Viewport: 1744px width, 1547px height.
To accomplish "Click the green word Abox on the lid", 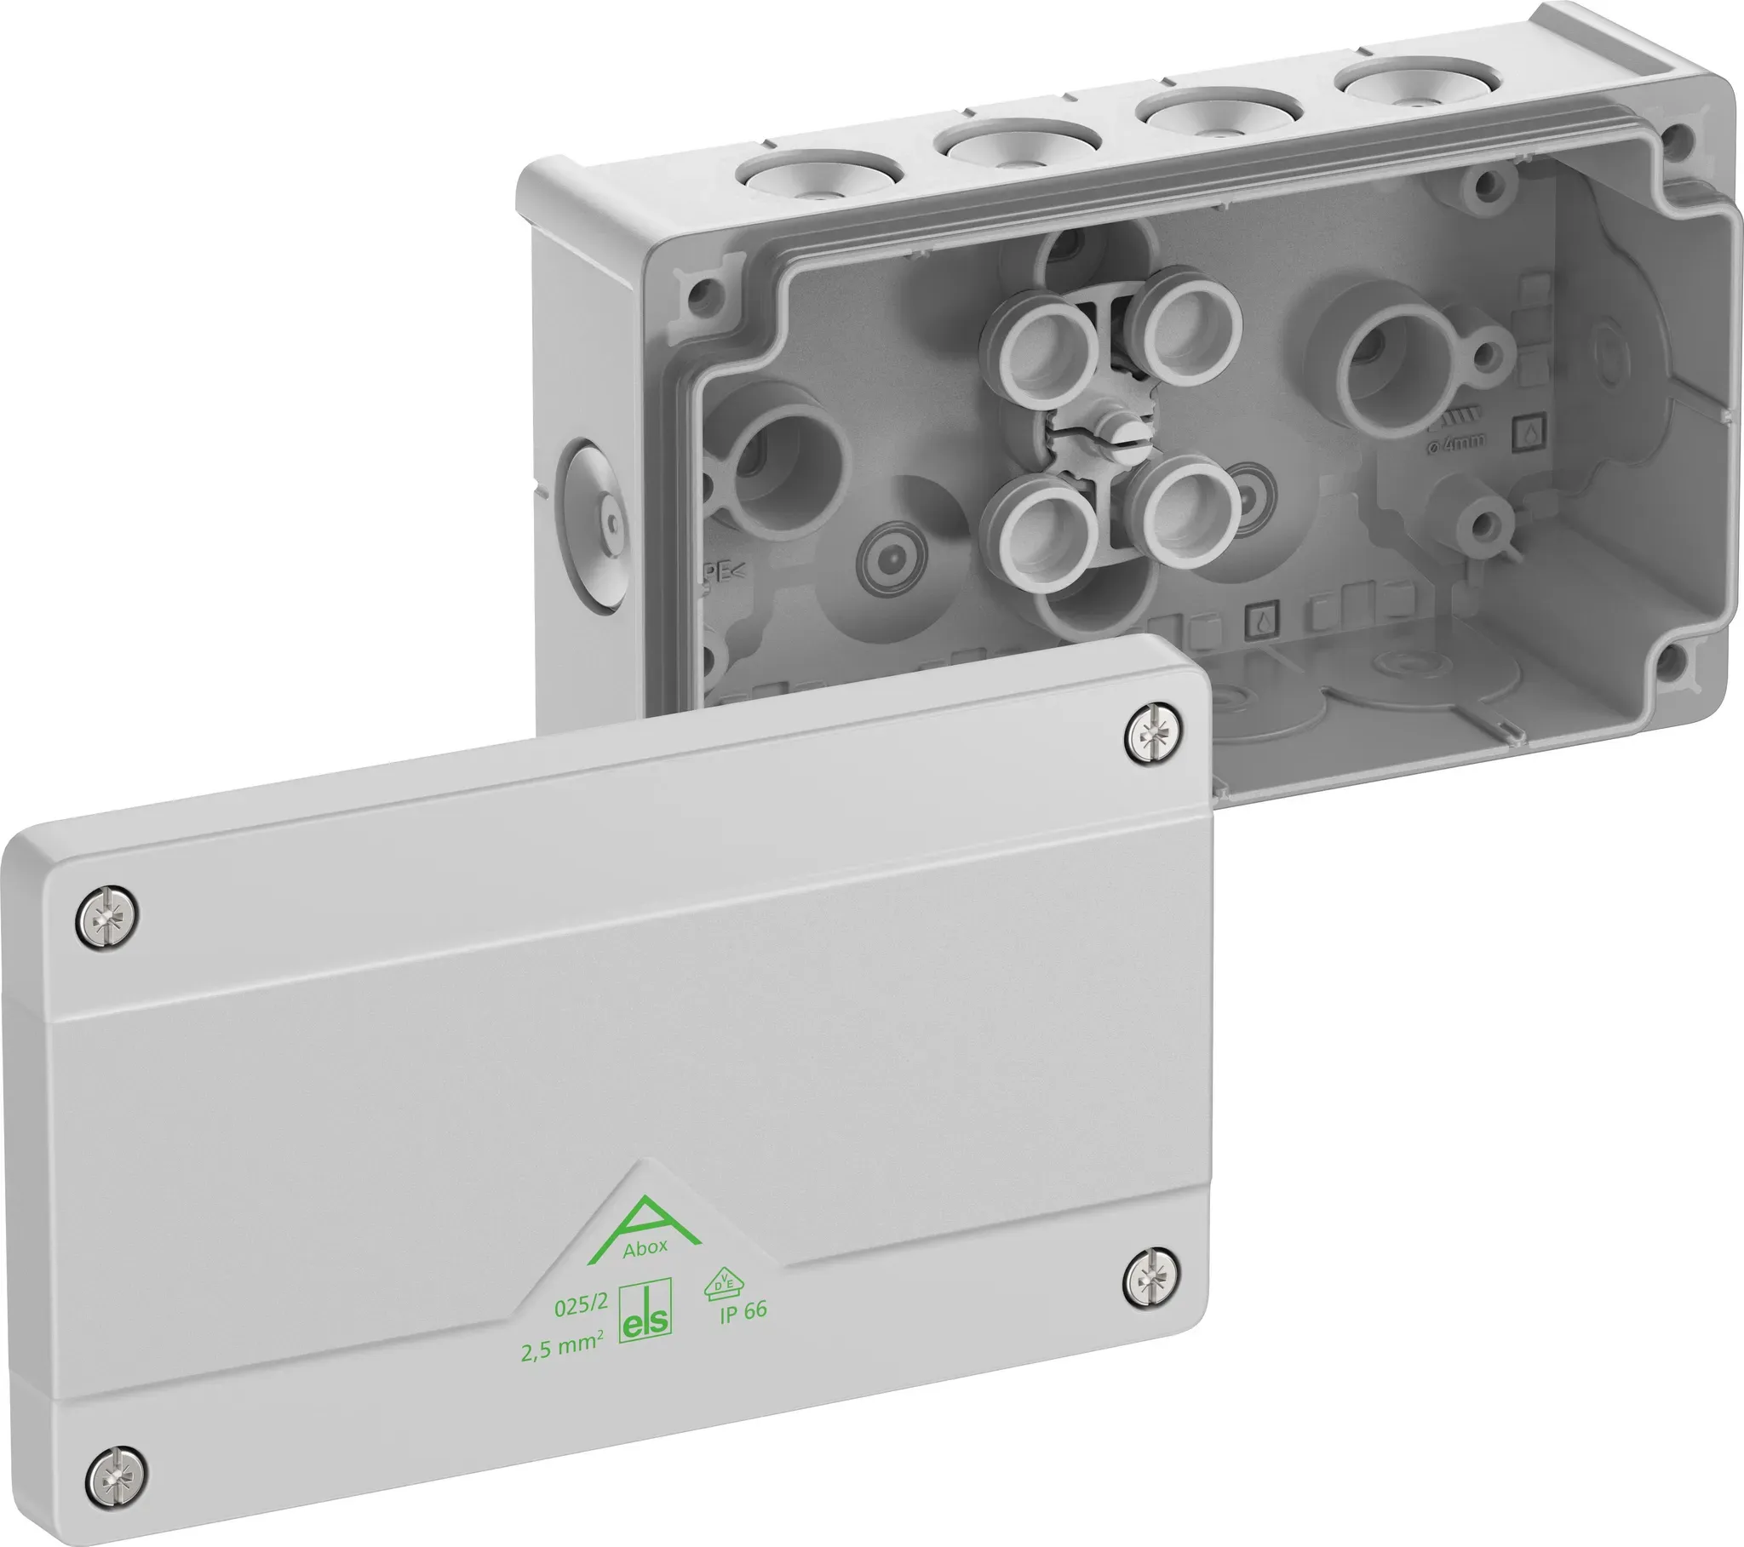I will (645, 1248).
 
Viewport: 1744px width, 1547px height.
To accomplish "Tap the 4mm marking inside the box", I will (1461, 441).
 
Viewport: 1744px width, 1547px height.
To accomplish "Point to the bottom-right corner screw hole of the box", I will (1671, 657).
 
